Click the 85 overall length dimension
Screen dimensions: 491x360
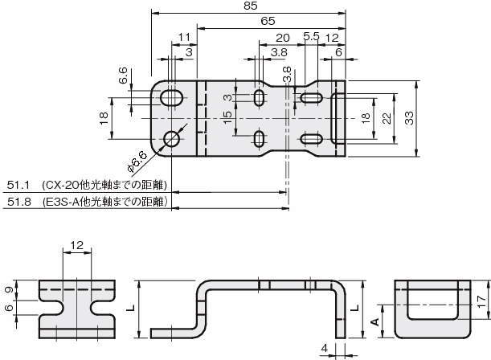[x=250, y=6]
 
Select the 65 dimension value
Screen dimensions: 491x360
[x=268, y=21]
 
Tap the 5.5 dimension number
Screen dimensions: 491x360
[x=311, y=36]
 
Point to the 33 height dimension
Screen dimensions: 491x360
[x=409, y=118]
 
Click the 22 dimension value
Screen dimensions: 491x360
[x=387, y=118]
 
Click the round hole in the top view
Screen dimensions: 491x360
[x=172, y=139]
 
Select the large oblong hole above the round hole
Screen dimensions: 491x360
[x=172, y=98]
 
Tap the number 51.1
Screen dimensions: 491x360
[x=18, y=186]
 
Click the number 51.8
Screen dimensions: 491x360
[x=19, y=202]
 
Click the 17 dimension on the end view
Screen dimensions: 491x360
[x=482, y=301]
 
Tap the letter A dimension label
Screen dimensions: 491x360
[x=374, y=321]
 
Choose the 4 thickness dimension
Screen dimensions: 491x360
[x=325, y=348]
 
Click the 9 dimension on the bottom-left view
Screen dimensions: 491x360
[x=10, y=289]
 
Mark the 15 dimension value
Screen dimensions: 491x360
[x=227, y=117]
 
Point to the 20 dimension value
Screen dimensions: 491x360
[x=282, y=38]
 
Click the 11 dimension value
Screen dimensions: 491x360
[x=184, y=37]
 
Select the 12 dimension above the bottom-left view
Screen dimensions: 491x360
[x=76, y=245]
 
